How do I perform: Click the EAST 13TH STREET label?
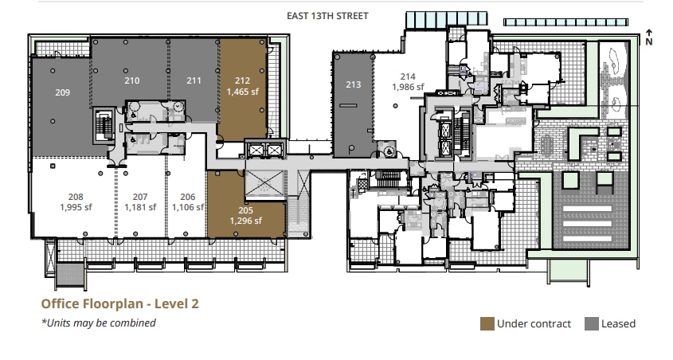pos(327,16)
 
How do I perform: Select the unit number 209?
pos(62,92)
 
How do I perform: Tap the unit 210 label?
pos(132,80)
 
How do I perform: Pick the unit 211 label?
pos(194,80)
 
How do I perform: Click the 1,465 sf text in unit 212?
pos(243,92)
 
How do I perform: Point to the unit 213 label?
pos(354,84)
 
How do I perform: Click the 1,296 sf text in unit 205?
pos(245,221)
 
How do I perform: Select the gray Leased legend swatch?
pos(592,323)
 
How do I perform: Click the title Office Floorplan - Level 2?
pos(119,303)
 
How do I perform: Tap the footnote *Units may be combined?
pos(99,323)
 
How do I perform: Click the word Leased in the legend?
pos(619,323)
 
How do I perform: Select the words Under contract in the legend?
pos(534,323)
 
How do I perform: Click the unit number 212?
pos(243,80)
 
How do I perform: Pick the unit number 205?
pos(245,210)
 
